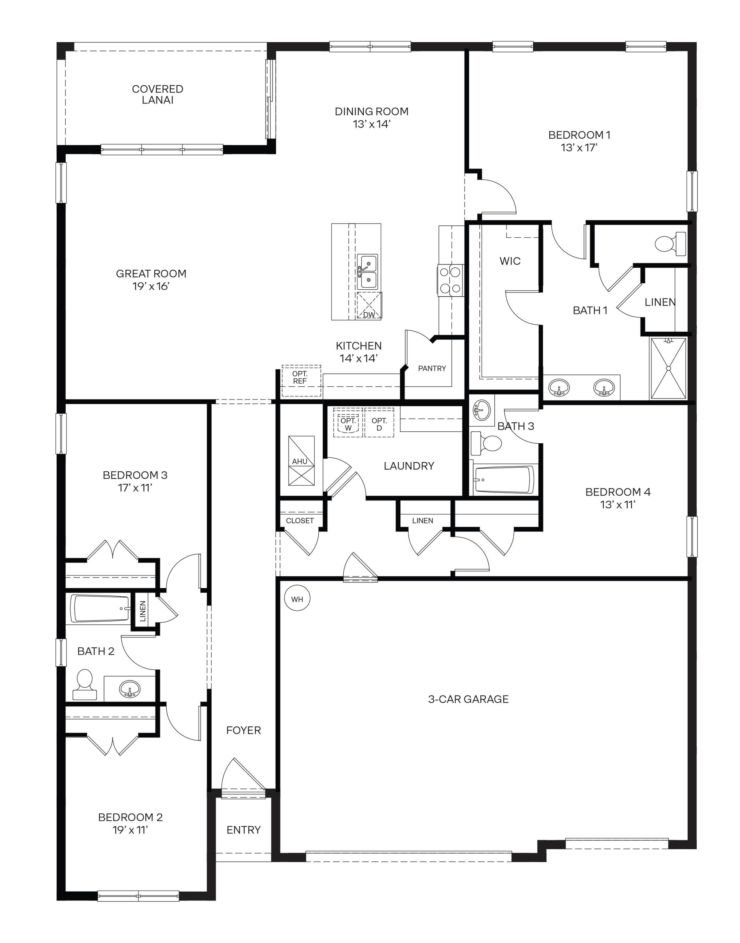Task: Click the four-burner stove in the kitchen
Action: point(450,280)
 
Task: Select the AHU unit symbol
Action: point(301,461)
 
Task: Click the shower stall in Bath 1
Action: point(668,368)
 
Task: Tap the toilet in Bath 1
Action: point(669,244)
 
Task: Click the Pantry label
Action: point(432,368)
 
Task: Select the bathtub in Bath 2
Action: point(101,608)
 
